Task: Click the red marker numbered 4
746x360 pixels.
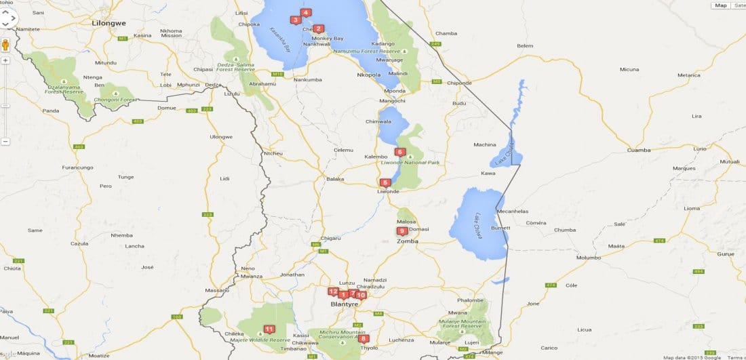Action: [x=306, y=12]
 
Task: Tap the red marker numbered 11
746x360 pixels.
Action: [x=269, y=329]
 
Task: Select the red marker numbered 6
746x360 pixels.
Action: [x=399, y=152]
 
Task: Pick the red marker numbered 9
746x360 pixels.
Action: [x=402, y=231]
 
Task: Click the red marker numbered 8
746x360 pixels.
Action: [x=364, y=338]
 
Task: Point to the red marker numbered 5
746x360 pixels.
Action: [x=385, y=182]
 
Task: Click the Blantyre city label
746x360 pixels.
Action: [x=343, y=304]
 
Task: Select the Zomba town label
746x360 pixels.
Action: [x=407, y=240]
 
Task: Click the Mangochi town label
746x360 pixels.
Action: [x=392, y=101]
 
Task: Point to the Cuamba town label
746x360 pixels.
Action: [x=639, y=150]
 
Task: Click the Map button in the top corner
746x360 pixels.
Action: [x=720, y=5]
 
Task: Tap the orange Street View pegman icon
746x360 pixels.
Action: [x=6, y=45]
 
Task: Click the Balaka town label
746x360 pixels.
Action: [x=335, y=179]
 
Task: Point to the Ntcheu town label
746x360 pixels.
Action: [x=273, y=153]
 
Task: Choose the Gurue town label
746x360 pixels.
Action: [x=725, y=254]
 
